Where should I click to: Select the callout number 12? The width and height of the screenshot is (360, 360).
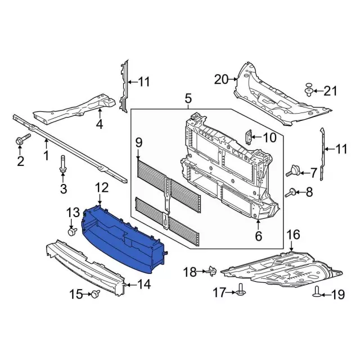pos(102,187)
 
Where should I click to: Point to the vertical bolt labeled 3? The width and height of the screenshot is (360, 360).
pos(62,164)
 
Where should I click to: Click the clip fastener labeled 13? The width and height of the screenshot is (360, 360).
pos(73,231)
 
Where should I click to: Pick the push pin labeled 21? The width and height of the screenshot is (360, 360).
pos(309,90)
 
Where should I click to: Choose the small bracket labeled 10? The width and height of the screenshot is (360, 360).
pos(249,137)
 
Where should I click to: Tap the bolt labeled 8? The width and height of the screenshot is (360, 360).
pos(290,193)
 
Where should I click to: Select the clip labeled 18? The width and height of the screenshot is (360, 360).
pos(213,270)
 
